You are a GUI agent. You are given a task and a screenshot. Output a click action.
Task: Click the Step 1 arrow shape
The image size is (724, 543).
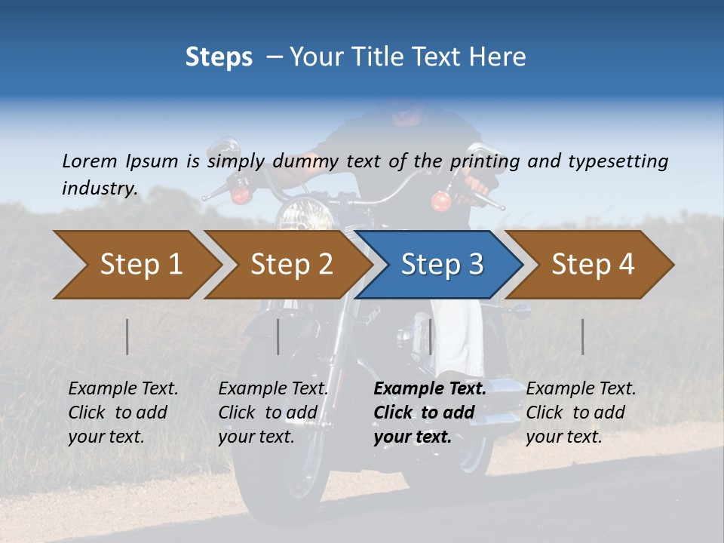(136, 265)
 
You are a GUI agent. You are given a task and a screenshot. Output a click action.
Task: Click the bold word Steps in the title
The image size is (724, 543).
(219, 57)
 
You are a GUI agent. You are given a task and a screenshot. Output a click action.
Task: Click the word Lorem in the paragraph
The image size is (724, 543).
(90, 161)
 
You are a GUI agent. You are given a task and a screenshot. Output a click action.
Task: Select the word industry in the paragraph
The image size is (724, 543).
(99, 188)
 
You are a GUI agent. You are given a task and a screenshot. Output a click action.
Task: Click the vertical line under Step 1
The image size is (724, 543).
(127, 336)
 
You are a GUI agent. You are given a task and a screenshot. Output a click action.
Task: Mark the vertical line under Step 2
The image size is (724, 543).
(278, 336)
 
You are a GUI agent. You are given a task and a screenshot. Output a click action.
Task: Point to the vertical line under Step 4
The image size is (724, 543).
(583, 336)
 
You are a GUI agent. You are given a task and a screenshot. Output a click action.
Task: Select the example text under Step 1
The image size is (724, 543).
(123, 413)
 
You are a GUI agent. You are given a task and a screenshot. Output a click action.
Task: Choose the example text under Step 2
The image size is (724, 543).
(273, 413)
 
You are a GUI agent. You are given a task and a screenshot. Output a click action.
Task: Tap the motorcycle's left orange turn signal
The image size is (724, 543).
(241, 195)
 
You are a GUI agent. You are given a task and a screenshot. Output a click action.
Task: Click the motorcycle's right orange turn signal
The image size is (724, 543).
(440, 201)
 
